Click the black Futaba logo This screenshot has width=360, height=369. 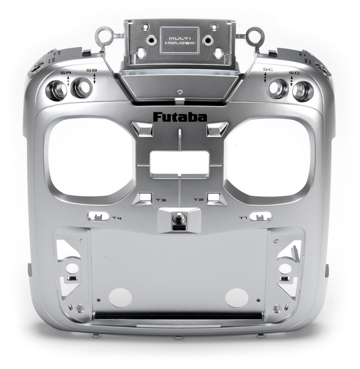(180, 117)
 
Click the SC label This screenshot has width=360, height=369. (267, 70)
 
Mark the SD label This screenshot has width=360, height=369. (294, 73)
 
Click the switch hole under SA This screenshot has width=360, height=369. (57, 90)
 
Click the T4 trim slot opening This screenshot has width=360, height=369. (98, 216)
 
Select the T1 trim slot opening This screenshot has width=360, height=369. (261, 216)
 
